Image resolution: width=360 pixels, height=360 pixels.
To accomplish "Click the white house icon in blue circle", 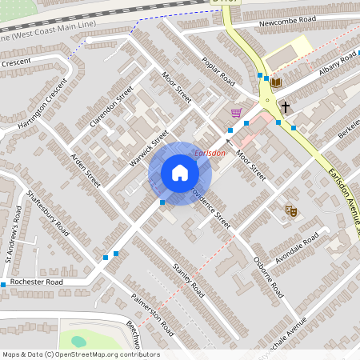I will (179, 173).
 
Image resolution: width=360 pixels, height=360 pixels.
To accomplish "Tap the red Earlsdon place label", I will (210, 153).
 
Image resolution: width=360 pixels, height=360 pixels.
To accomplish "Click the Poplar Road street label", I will (218, 70).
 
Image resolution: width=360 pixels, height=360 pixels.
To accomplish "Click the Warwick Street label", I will (149, 149).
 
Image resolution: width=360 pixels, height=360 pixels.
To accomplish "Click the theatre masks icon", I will (291, 210).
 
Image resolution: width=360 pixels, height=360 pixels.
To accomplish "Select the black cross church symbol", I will (285, 106).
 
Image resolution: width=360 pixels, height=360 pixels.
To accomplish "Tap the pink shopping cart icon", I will (235, 113).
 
